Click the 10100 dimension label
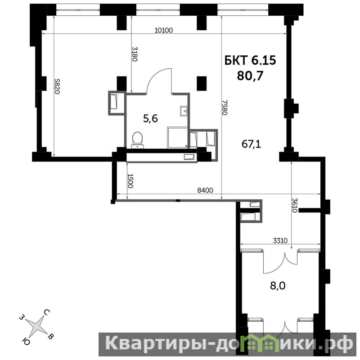pyautogui.click(x=163, y=30)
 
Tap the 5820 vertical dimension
pyautogui.click(x=57, y=86)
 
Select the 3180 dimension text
pyautogui.click(x=135, y=54)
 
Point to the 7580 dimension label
pyautogui.click(x=225, y=108)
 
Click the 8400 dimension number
pyautogui.click(x=205, y=190)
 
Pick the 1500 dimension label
pyautogui.click(x=130, y=181)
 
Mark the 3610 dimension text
pyautogui.click(x=295, y=205)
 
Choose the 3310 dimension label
pyautogui.click(x=280, y=241)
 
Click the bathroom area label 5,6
pyautogui.click(x=150, y=119)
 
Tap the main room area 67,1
pyautogui.click(x=251, y=144)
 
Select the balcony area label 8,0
pyautogui.click(x=278, y=286)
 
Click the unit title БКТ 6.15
pyautogui.click(x=250, y=60)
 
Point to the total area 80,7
pyautogui.click(x=250, y=76)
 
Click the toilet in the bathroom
pyautogui.click(x=138, y=140)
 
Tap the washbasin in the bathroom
pyautogui.click(x=184, y=111)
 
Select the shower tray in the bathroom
pyautogui.click(x=178, y=137)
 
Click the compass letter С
pyautogui.click(x=47, y=312)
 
